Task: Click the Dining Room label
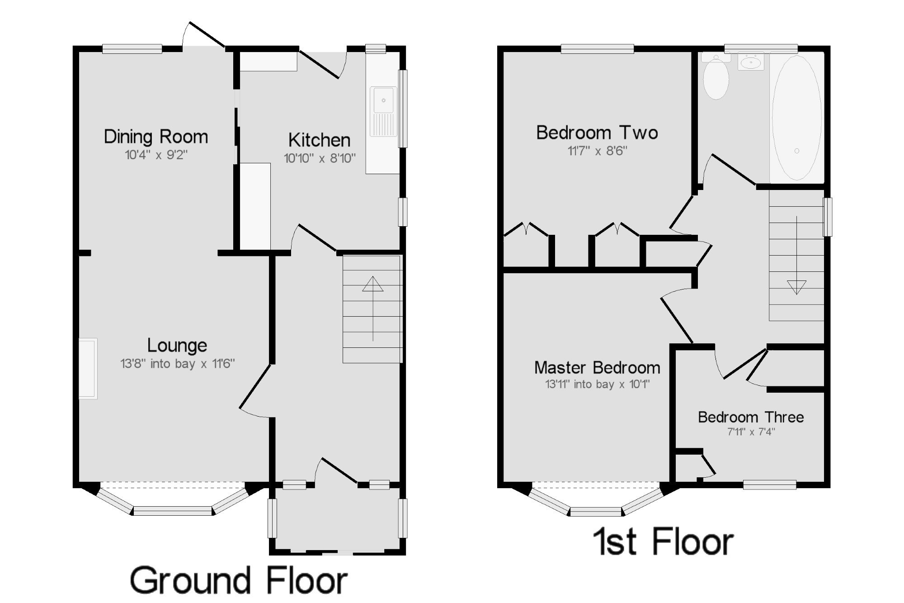(156, 137)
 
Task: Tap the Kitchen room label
(320, 140)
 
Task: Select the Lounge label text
(177, 346)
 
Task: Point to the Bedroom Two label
(597, 133)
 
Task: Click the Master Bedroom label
(597, 368)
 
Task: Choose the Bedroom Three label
(751, 417)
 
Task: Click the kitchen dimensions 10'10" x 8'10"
(320, 159)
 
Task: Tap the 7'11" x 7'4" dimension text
(751, 432)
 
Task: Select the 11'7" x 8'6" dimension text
(597, 151)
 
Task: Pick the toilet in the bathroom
(716, 77)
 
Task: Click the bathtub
(797, 118)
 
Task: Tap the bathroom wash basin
(751, 62)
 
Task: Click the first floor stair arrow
(796, 255)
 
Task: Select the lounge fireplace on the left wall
(88, 369)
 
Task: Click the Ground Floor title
(239, 580)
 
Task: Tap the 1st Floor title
(663, 541)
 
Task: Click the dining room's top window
(132, 49)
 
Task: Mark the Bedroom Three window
(770, 485)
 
